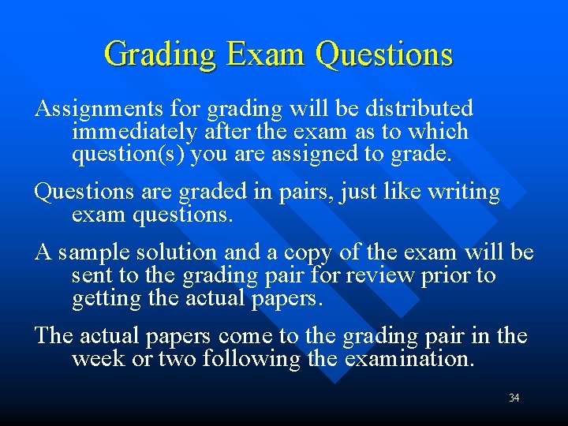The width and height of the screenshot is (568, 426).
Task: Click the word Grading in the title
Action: [159, 54]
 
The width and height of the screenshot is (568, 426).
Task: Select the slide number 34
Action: [514, 398]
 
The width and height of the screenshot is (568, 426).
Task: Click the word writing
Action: [461, 192]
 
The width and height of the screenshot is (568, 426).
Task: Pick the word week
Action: [93, 360]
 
